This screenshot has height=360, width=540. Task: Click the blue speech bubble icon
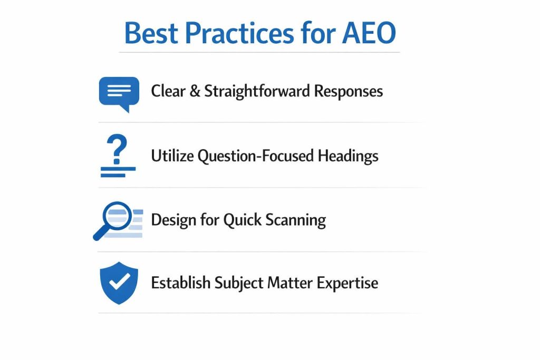pos(119,93)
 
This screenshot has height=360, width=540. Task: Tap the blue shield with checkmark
pos(119,282)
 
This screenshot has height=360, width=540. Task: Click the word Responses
pos(349,91)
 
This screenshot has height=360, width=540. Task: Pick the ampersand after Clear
pos(194,91)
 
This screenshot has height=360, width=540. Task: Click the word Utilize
pos(172,156)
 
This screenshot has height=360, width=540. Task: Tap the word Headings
pos(348,156)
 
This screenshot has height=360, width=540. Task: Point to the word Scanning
pos(295,220)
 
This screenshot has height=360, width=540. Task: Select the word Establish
pos(181,283)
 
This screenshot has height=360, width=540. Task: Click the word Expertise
pos(348,283)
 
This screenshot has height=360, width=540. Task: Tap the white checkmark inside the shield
pos(120,280)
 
